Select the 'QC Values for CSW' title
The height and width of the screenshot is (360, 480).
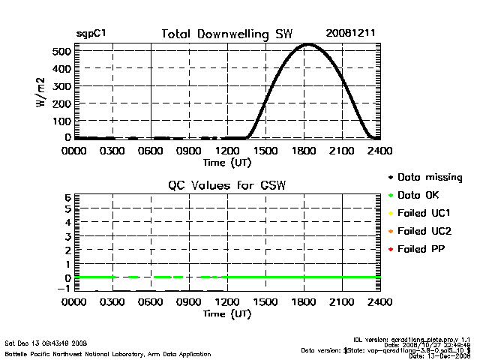(x=226, y=186)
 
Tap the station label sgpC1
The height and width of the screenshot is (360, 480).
(x=91, y=34)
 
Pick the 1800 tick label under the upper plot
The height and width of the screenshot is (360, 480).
(x=304, y=151)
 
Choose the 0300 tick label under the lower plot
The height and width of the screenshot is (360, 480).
(x=112, y=303)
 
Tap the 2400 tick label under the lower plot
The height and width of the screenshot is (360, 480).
(x=380, y=303)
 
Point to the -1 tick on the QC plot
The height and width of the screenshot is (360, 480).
(x=64, y=288)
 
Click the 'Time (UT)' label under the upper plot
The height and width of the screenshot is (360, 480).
(x=226, y=161)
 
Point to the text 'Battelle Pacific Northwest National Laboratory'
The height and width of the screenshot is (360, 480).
(x=75, y=353)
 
